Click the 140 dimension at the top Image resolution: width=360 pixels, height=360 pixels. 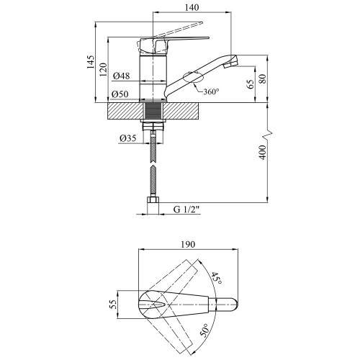pos(192,7)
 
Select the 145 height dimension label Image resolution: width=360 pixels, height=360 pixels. pos(91,62)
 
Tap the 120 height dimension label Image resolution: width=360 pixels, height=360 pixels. pos(103,70)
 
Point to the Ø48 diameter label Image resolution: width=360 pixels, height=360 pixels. pos(121,76)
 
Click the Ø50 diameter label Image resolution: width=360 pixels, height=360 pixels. pos(120,94)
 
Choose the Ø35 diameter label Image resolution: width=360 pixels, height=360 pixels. pos(127,138)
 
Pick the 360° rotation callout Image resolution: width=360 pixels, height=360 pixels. pos(211,91)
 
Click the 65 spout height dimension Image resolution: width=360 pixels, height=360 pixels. pos(251,84)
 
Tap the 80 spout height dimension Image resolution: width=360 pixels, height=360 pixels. pos(263,78)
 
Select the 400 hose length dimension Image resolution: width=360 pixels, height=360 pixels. pos(263,153)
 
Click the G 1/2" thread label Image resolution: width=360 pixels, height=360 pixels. pos(186,210)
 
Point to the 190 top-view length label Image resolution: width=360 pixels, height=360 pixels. pos(188,245)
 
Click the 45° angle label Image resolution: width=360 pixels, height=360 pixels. pos(216,279)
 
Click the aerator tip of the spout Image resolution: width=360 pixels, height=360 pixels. pos(231,62)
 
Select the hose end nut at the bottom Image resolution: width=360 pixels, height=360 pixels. pos(153,200)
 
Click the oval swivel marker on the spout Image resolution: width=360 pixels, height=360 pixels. pos(193,77)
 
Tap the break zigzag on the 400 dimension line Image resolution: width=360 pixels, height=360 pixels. pos(269,135)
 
